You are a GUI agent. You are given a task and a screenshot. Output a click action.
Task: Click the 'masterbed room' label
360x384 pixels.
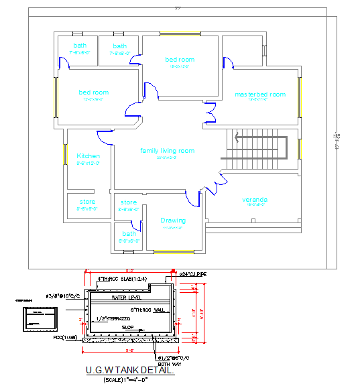coord(260,94)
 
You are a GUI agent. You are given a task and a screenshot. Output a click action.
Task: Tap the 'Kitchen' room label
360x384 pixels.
coord(88,155)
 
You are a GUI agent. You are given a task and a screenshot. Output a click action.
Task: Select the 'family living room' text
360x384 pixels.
coord(167,151)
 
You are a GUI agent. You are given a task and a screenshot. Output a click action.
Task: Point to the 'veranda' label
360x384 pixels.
coord(255,200)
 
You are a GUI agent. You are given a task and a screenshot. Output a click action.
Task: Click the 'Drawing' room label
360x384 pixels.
coord(173,220)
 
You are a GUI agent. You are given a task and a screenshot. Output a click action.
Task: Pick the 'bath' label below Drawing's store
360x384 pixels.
coord(129,233)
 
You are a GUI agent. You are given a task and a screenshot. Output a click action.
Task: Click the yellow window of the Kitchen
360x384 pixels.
coord(65,155)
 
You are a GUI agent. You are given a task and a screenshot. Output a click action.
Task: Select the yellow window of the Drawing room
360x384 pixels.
coord(173,253)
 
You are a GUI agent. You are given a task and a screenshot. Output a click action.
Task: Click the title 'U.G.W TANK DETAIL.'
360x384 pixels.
coord(130,370)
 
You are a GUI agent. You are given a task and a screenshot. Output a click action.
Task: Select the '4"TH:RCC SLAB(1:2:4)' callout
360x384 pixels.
coord(123,278)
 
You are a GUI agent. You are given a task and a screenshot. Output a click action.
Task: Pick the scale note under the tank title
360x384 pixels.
coord(125,379)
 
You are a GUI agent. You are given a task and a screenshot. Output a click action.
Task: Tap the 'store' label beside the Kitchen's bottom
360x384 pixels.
coord(87,202)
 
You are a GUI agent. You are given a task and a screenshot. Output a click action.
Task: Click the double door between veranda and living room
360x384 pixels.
coord(216,182)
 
